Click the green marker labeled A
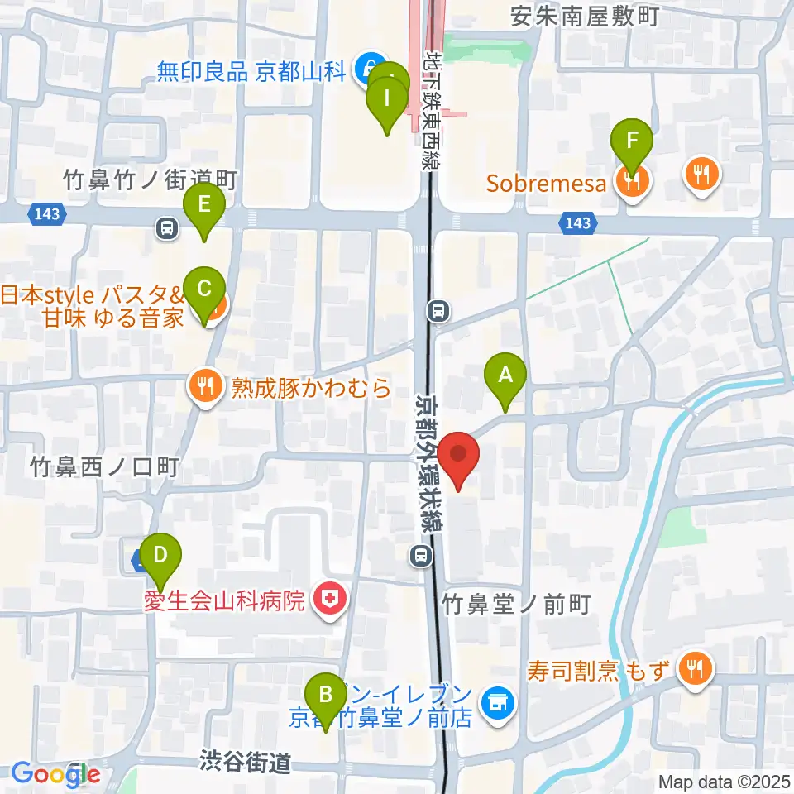tap(505, 377)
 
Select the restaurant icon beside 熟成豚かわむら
tap(205, 385)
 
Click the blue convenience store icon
tap(496, 704)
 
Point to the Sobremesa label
tap(547, 183)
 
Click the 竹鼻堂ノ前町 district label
tap(516, 605)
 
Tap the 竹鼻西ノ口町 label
tap(104, 468)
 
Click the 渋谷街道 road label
tap(245, 762)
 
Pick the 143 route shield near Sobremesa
tap(578, 222)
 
